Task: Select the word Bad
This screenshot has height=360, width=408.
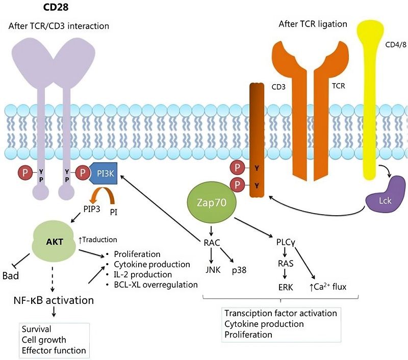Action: click(x=11, y=275)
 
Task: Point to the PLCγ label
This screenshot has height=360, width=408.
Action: click(x=286, y=243)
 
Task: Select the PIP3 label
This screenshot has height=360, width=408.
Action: click(x=95, y=209)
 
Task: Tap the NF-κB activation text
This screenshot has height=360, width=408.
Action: click(x=54, y=300)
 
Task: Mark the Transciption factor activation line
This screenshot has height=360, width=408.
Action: click(x=280, y=313)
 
